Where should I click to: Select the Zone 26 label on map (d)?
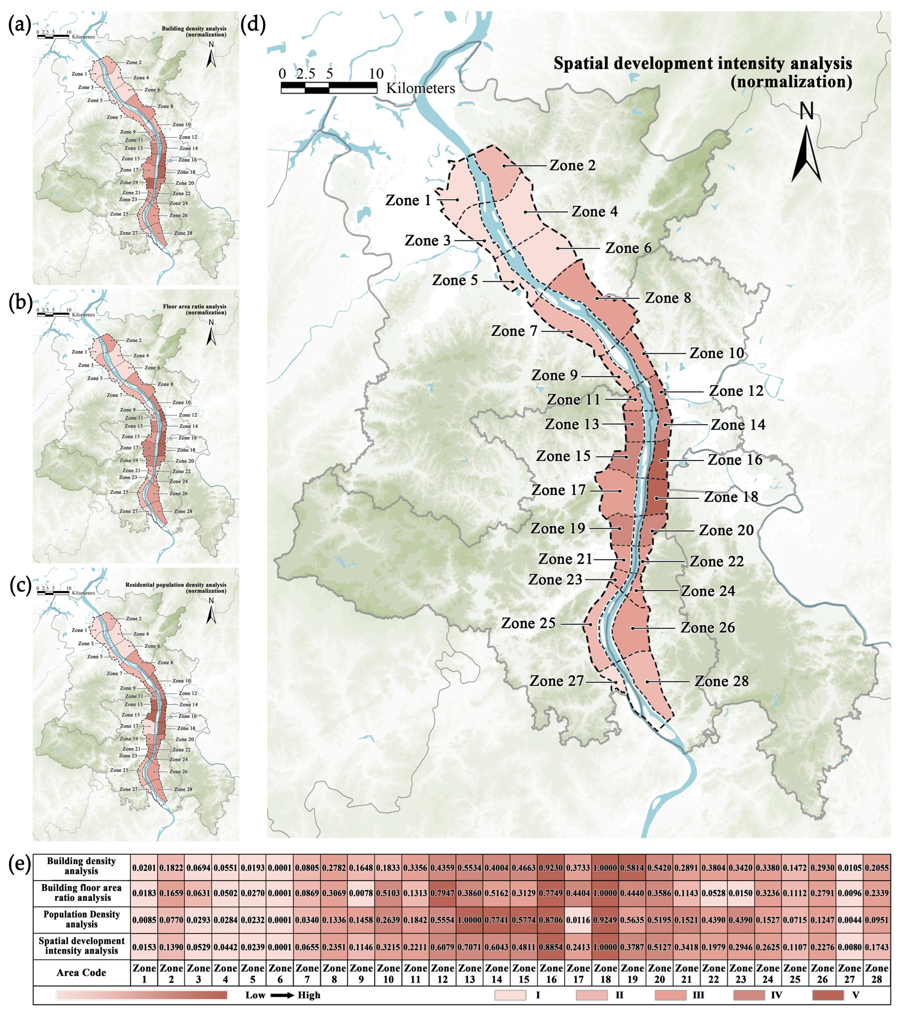click(707, 628)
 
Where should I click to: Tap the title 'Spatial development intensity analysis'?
click(702, 63)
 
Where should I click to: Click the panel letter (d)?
click(253, 24)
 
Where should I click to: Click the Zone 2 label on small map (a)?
click(133, 63)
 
